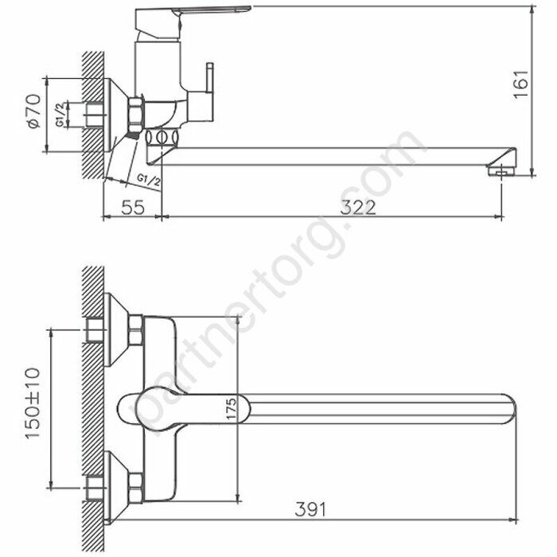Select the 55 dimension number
point(133,208)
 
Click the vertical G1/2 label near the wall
point(60,115)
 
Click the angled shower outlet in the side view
point(127,159)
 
